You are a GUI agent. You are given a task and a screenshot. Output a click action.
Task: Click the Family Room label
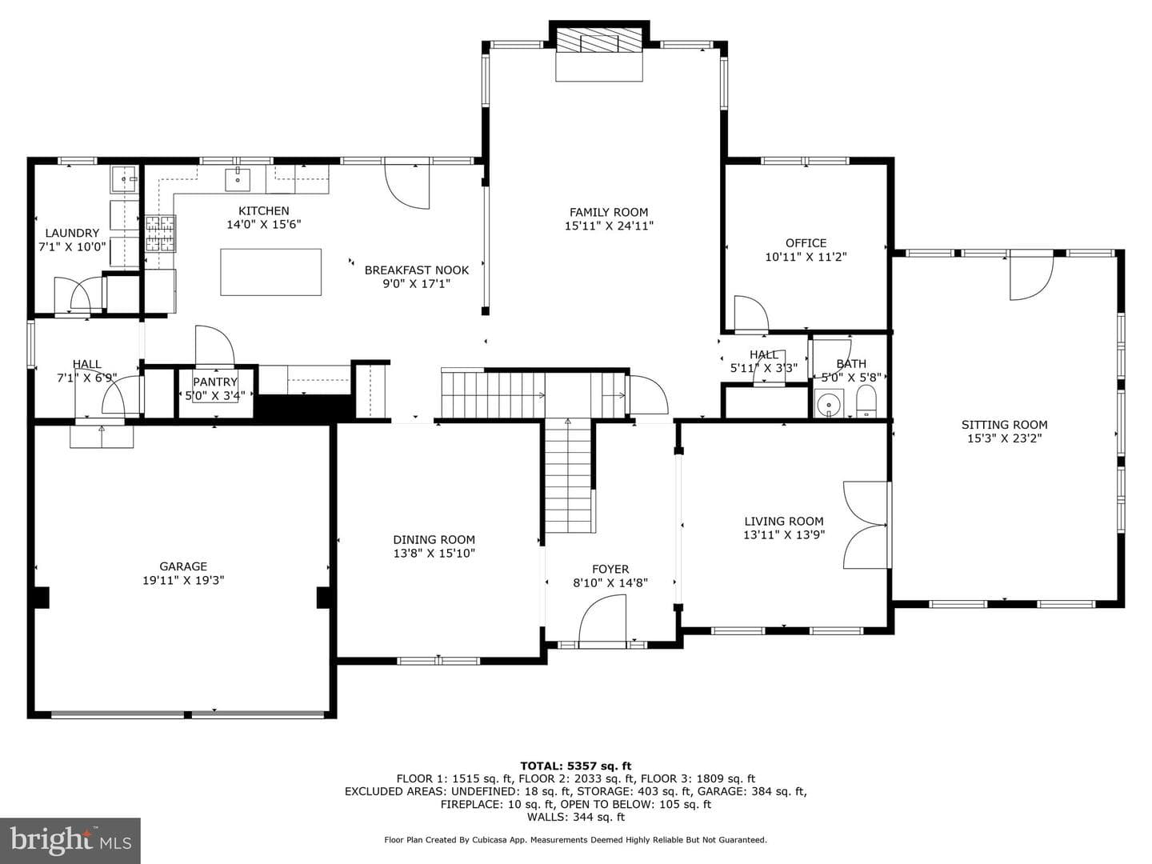click(609, 212)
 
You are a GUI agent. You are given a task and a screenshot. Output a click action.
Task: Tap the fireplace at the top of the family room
click(599, 40)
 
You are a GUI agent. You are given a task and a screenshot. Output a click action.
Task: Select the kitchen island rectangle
click(270, 272)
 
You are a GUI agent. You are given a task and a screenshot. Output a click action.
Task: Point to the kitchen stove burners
click(160, 234)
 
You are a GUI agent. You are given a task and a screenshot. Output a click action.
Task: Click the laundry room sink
click(124, 179)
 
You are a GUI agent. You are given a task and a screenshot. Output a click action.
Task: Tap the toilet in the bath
click(866, 402)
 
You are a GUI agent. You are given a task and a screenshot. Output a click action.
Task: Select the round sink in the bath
click(829, 404)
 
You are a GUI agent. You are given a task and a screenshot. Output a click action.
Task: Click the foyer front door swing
click(602, 620)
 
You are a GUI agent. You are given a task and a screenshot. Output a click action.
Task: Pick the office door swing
click(751, 314)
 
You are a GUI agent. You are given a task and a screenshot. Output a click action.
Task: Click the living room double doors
click(866, 525)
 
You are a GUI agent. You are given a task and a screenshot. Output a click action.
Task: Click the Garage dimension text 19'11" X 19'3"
click(183, 580)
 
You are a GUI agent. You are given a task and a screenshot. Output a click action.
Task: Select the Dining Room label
click(434, 539)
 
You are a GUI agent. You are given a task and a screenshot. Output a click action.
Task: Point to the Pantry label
click(215, 382)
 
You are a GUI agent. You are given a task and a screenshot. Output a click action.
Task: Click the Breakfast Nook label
click(417, 270)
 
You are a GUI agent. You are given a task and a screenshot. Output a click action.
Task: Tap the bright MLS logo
click(70, 840)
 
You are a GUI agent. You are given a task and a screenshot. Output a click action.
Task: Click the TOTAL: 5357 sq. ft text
click(576, 766)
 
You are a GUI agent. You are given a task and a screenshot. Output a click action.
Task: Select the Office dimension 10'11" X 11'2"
click(806, 257)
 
